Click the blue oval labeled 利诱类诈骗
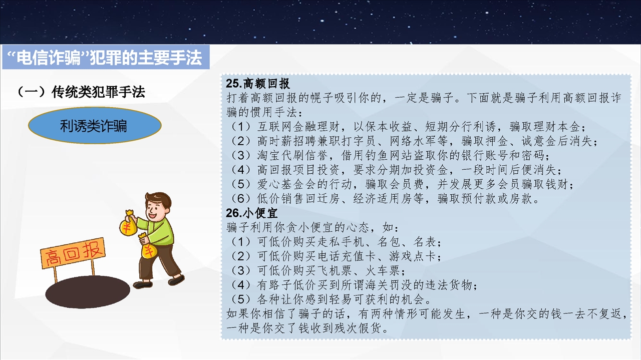pyautogui.click(x=95, y=125)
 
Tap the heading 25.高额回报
pyautogui.click(x=257, y=83)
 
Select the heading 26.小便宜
pyautogui.click(x=251, y=213)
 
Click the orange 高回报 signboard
pyautogui.click(x=73, y=253)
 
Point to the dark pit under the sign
pyautogui.click(x=88, y=291)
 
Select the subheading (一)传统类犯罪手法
pyautogui.click(x=81, y=92)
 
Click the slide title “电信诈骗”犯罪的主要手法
pyautogui.click(x=105, y=58)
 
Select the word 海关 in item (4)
pyautogui.click(x=377, y=285)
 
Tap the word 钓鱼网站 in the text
pyautogui.click(x=389, y=155)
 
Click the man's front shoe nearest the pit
pyautogui.click(x=143, y=284)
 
